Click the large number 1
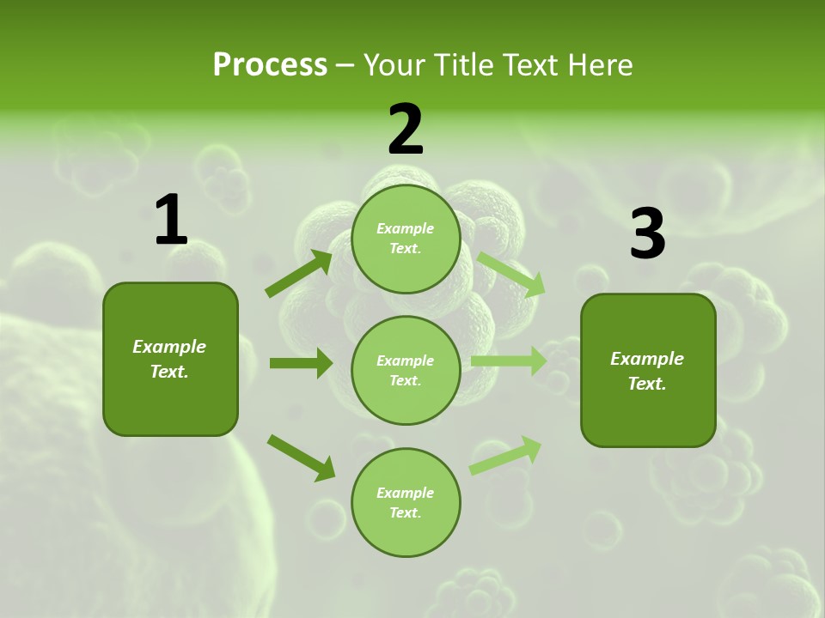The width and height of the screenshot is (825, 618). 171,221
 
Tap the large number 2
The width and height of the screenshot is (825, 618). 406,130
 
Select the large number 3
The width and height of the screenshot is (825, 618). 647,233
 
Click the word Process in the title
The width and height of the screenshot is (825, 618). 270,64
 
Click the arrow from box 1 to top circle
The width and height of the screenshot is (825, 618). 299,273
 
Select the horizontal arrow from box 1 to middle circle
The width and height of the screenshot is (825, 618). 301,363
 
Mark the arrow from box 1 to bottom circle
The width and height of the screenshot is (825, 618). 301,457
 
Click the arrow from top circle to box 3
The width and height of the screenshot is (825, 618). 511,275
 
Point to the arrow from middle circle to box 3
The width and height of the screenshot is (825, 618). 508,360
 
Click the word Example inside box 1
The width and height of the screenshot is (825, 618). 169,347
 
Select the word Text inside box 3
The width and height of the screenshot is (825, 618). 647,384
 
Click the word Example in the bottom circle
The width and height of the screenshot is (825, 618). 406,493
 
